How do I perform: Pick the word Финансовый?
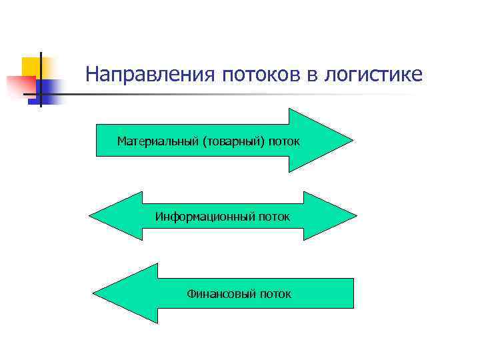coord(221,293)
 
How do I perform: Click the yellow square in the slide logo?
coord(31,67)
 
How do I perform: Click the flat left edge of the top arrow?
coord(97,140)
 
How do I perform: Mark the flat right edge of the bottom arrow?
coord(353,293)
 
